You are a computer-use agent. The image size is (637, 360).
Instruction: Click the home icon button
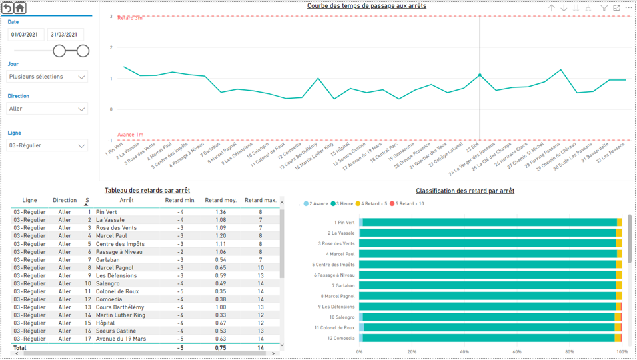click(x=20, y=8)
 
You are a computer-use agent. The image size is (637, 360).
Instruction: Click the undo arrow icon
click(x=7, y=8)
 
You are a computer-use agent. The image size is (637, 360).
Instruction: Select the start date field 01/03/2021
click(x=26, y=35)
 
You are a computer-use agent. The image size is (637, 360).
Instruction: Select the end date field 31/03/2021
click(x=65, y=35)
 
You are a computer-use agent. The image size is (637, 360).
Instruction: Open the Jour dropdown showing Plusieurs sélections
click(x=47, y=77)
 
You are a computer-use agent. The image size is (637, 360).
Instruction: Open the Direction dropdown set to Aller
click(x=47, y=109)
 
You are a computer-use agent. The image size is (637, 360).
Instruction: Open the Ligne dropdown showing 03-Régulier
click(x=47, y=145)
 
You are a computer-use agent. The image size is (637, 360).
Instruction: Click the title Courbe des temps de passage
click(x=366, y=6)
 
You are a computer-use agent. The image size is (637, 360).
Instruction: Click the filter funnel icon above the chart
click(x=604, y=8)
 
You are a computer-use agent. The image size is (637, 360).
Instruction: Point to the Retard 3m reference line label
click(x=130, y=18)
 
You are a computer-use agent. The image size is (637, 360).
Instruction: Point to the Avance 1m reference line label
click(x=130, y=135)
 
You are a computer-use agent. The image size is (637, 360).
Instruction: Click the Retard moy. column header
click(x=220, y=200)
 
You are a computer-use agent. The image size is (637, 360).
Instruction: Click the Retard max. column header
click(x=260, y=200)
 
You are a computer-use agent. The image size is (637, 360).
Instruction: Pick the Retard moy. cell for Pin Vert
click(x=221, y=212)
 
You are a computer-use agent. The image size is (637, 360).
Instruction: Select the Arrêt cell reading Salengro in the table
click(x=107, y=283)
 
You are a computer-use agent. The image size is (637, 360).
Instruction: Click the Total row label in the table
click(x=20, y=347)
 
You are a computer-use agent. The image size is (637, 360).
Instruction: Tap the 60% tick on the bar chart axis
click(x=517, y=351)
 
